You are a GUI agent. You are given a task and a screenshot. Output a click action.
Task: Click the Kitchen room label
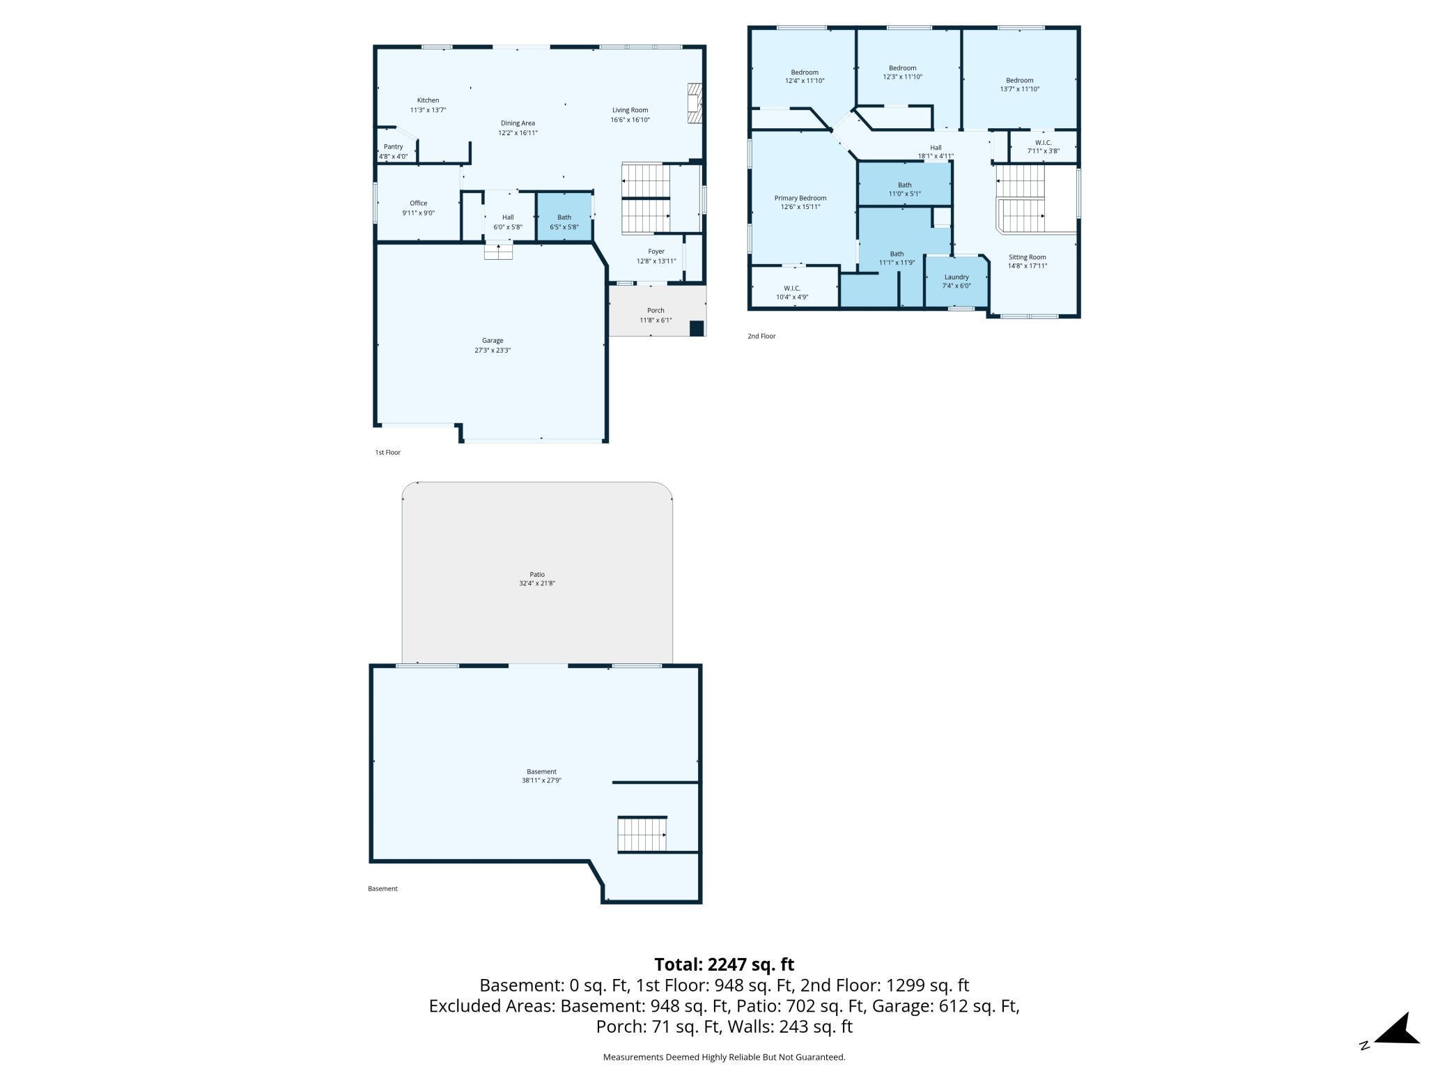pyautogui.click(x=428, y=100)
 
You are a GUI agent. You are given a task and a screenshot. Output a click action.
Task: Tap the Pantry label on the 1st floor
pyautogui.click(x=394, y=146)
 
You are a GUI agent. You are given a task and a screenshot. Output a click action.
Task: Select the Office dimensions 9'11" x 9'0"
pyautogui.click(x=419, y=213)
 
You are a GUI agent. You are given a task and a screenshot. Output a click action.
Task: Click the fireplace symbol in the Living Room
pyautogui.click(x=694, y=104)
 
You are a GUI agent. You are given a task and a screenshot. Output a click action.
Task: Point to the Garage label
pyautogui.click(x=493, y=341)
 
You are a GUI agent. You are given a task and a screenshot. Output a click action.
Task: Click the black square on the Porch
pyautogui.click(x=697, y=328)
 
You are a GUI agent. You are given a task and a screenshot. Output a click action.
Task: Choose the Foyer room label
pyautogui.click(x=656, y=252)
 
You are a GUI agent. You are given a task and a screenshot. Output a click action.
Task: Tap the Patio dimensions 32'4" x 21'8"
pyautogui.click(x=537, y=583)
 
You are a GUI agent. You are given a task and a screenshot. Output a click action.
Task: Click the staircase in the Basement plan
pyautogui.click(x=642, y=834)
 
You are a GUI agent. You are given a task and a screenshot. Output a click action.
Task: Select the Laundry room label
pyautogui.click(x=956, y=277)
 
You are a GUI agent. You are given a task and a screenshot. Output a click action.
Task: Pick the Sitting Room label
pyautogui.click(x=1028, y=257)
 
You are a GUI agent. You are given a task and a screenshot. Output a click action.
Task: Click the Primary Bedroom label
pyautogui.click(x=800, y=198)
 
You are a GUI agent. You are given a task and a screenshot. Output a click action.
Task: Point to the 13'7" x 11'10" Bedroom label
pyautogui.click(x=1020, y=80)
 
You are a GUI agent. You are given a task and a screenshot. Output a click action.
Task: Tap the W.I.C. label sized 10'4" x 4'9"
pyautogui.click(x=792, y=288)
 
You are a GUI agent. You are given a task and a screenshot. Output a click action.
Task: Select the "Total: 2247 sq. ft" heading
pyautogui.click(x=724, y=964)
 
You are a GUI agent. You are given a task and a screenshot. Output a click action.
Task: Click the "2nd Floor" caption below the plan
pyautogui.click(x=761, y=336)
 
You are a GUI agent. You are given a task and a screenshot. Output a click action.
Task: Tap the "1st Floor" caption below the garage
pyautogui.click(x=388, y=452)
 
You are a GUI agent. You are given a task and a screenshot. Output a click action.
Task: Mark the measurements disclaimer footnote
pyautogui.click(x=724, y=1057)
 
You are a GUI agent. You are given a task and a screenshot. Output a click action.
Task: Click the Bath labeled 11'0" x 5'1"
pyautogui.click(x=905, y=185)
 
